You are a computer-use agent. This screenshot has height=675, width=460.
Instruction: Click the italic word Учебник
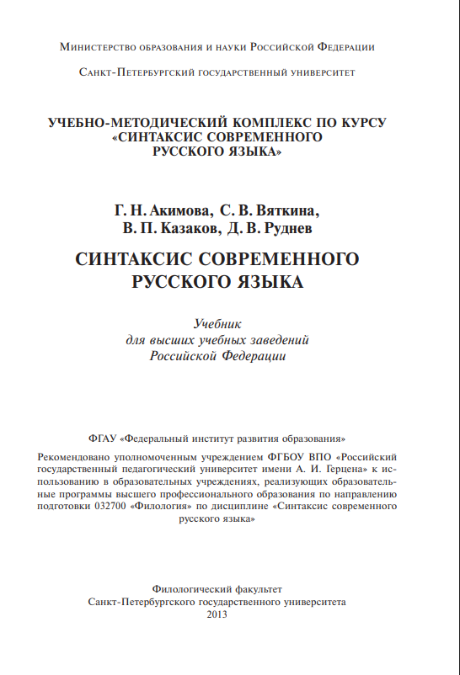218,323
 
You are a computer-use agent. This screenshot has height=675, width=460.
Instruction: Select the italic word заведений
281,340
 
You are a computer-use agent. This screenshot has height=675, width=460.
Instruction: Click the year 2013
217,614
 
